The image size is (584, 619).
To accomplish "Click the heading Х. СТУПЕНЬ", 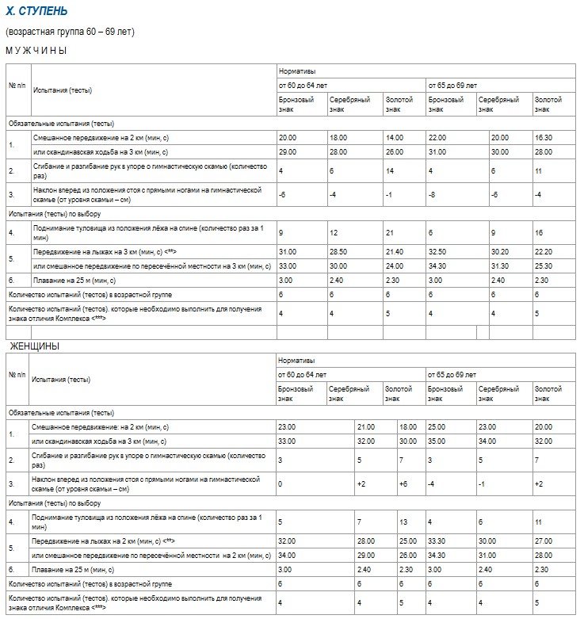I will pyautogui.click(x=36, y=12).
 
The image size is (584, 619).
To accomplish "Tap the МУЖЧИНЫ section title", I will pyautogui.click(x=36, y=50).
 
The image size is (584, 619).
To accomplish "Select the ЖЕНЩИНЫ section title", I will pyautogui.click(x=34, y=347).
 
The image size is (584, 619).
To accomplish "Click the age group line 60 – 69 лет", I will pyautogui.click(x=71, y=32).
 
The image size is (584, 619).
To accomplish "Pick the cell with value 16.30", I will pyautogui.click(x=544, y=138).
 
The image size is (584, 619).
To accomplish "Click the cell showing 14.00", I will pyautogui.click(x=394, y=138).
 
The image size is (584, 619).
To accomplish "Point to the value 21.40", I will pyautogui.click(x=394, y=251).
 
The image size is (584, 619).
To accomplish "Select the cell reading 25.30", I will pyautogui.click(x=544, y=266).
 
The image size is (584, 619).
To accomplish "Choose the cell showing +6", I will pyautogui.click(x=391, y=483).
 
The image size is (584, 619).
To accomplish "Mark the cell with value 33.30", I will pyautogui.click(x=437, y=541).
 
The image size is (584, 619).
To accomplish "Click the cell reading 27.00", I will pyautogui.click(x=544, y=541).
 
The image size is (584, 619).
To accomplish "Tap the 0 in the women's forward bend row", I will pyautogui.click(x=281, y=483).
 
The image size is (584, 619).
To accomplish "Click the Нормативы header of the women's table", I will pyautogui.click(x=295, y=360).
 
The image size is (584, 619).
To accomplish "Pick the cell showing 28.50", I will pyautogui.click(x=338, y=251).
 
